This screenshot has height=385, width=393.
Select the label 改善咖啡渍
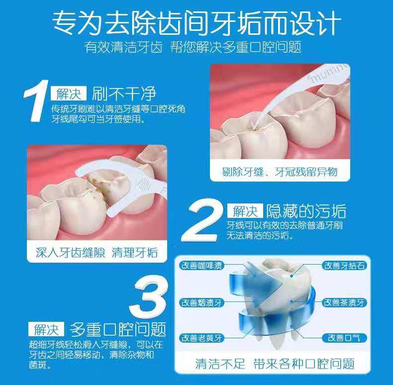tap(202, 266)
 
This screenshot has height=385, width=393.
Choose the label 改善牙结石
tap(344, 266)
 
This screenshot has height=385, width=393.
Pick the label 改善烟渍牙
tap(202, 303)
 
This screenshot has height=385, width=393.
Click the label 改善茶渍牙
tap(344, 302)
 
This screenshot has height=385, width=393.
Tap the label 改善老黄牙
tap(202, 338)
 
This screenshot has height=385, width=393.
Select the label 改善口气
tap(344, 338)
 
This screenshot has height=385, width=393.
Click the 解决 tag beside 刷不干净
tap(69, 94)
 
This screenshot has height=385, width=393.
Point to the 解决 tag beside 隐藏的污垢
tap(245, 211)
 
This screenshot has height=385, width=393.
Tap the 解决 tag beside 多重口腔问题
tap(46, 329)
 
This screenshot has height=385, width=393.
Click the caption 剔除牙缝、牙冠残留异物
tap(280, 172)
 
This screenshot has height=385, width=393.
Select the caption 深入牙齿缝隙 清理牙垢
tap(97, 252)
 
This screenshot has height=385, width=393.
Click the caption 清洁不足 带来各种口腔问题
tap(275, 364)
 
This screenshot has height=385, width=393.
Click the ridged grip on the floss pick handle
tap(143, 185)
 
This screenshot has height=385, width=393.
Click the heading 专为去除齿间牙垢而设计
tap(197, 23)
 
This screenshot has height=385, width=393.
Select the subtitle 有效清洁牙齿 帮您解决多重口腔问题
tap(193, 47)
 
